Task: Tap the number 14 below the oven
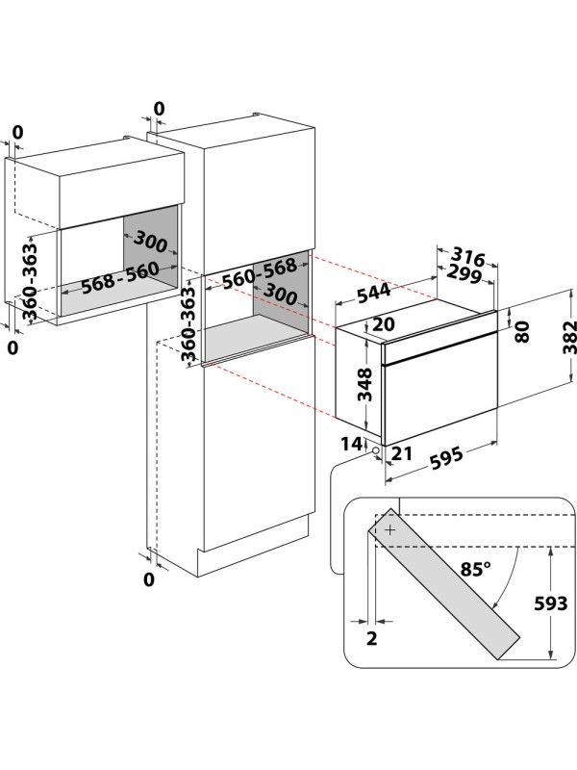350,444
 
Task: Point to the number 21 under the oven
402,453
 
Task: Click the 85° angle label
474,569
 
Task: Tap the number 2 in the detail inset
371,638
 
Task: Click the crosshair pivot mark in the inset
389,529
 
